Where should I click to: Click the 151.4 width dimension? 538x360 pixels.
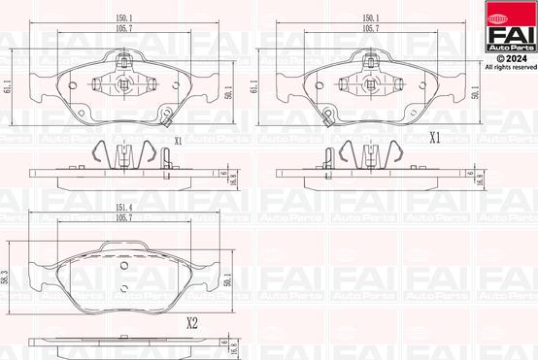click(123, 207)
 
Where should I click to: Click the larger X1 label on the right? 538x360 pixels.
click(434, 138)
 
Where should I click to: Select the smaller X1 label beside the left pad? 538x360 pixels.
click(178, 141)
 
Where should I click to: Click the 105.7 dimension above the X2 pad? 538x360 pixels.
click(123, 220)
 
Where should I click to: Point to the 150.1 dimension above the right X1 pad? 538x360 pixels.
click(371, 16)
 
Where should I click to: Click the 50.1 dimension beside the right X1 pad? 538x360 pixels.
click(477, 92)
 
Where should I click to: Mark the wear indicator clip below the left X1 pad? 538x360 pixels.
click(167, 121)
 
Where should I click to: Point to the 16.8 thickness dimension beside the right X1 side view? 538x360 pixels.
click(483, 178)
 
